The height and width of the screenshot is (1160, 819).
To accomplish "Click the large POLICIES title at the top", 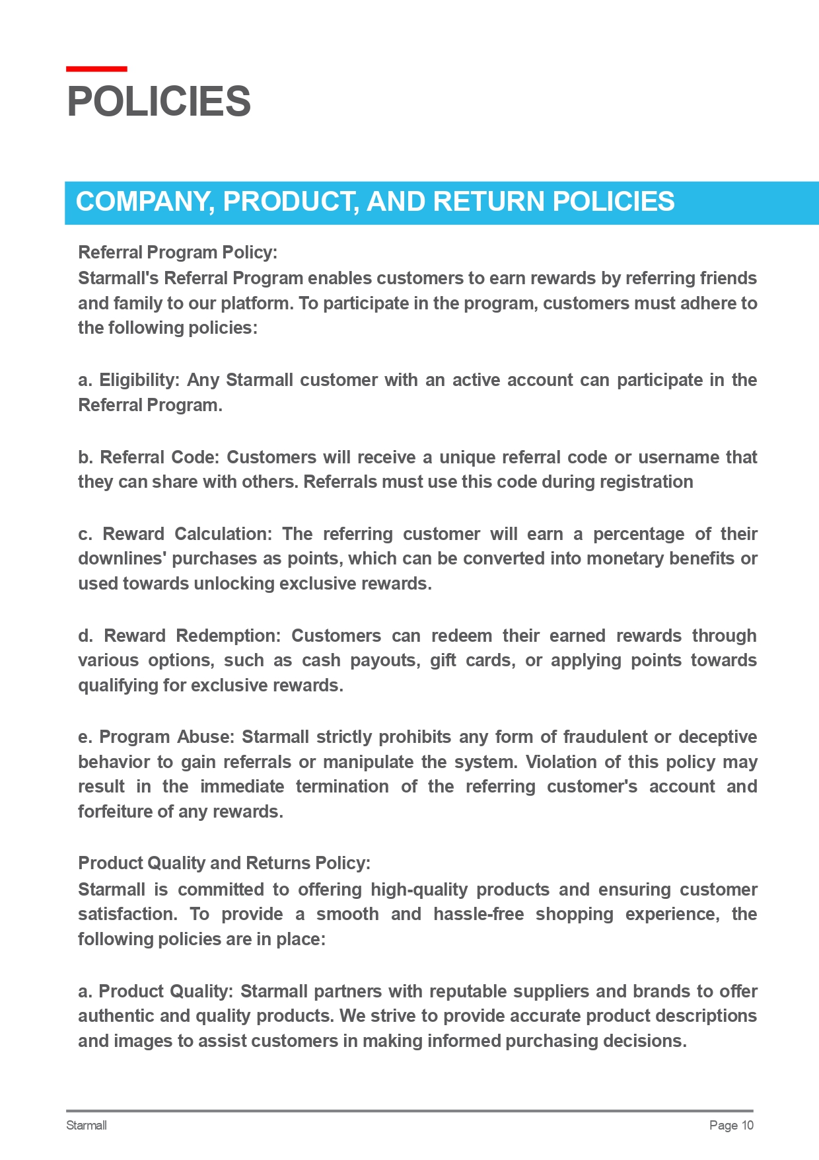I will coord(159,102).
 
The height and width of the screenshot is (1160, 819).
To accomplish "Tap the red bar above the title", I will coord(96,69).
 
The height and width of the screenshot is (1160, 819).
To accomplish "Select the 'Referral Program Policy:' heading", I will coord(178,252).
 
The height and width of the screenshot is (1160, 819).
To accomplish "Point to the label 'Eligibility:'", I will coord(139,380).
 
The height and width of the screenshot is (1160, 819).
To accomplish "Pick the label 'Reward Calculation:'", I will coord(187,534).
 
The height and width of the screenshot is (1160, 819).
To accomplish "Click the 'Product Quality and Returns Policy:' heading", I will coord(224,863).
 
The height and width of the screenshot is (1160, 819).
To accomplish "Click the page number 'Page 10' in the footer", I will coord(730,1126).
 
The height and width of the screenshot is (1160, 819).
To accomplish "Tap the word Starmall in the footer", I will coord(87,1126).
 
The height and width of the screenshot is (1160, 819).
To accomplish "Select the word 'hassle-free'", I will coord(478,914).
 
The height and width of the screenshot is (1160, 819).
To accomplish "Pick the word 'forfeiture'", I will coord(114,812).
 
